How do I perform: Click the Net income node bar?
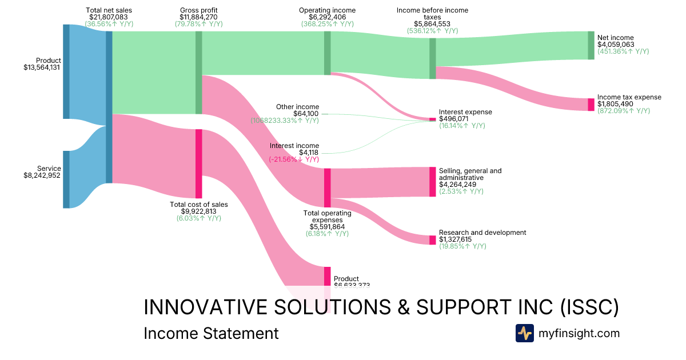click(591, 45)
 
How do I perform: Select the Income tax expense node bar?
click(591, 105)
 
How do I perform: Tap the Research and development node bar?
click(432, 240)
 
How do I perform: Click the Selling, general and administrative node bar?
click(432, 182)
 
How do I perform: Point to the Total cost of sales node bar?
click(199, 163)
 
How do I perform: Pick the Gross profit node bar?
click(199, 73)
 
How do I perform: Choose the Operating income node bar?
click(328, 53)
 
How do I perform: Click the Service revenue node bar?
click(66, 179)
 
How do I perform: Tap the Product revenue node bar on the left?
click(66, 71)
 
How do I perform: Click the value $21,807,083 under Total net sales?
click(108, 17)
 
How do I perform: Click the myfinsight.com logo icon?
click(524, 333)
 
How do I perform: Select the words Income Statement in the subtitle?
click(211, 333)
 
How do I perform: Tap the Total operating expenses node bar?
click(328, 187)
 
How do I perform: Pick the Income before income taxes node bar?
click(432, 58)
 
